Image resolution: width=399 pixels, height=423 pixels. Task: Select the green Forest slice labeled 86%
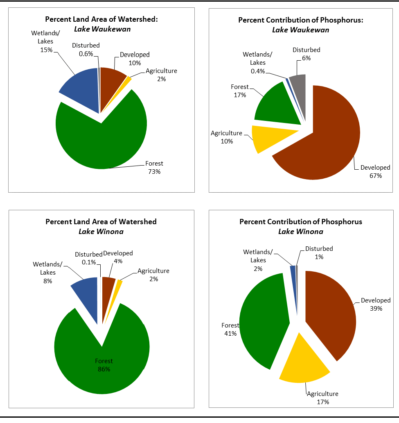(102, 352)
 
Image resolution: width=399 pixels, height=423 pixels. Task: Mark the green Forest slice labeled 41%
(262, 320)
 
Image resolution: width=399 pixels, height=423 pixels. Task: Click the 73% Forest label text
(154, 168)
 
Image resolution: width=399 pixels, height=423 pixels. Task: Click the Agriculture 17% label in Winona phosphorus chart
(322, 398)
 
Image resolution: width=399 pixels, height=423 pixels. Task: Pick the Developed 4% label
(118, 257)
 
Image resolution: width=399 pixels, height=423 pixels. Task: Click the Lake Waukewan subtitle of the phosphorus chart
(300, 30)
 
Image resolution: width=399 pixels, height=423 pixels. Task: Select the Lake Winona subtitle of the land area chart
(101, 231)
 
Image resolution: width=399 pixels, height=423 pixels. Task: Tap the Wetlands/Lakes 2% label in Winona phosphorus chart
(257, 260)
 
